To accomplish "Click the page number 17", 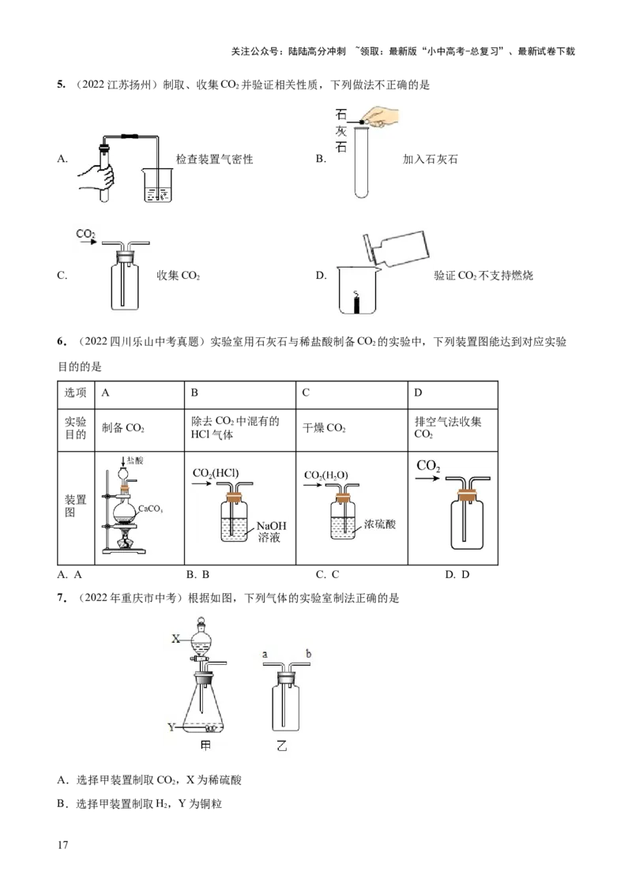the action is (62, 845).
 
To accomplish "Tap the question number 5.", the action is (61, 85).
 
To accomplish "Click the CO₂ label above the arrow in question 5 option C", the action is (85, 234).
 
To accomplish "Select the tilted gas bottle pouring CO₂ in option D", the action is (395, 249).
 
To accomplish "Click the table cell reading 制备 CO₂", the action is (122, 428).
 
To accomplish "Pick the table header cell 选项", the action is (75, 393).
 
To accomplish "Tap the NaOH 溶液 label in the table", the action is (271, 532).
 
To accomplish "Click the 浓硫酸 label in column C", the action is (380, 524).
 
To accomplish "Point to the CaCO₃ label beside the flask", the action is (151, 509).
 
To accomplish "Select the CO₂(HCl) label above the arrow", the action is (216, 472).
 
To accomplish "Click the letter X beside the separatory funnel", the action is (175, 639).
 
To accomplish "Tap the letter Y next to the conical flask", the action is (171, 727).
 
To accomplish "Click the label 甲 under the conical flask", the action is (206, 746).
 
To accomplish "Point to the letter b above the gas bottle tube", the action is (309, 653).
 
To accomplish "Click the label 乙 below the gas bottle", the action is (282, 746).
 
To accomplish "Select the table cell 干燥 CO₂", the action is (324, 428).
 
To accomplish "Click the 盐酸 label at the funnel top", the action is (135, 460).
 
